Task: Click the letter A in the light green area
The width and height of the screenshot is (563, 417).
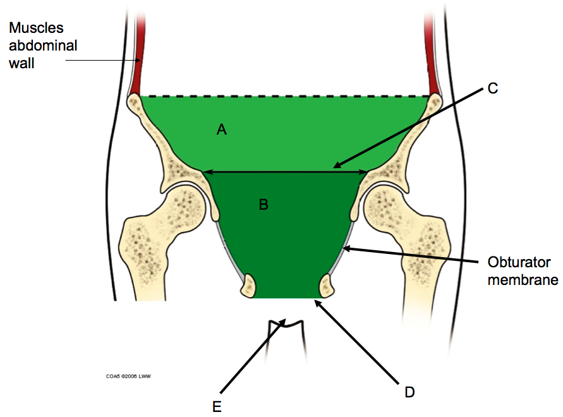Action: (221, 130)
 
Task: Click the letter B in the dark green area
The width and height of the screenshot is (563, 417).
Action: (263, 205)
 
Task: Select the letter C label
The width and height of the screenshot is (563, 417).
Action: (493, 88)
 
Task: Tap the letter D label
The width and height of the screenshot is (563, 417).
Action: (409, 392)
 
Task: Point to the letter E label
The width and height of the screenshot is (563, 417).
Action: (217, 407)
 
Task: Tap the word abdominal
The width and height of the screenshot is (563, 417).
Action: (43, 45)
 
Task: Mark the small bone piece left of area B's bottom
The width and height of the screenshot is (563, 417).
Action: (248, 286)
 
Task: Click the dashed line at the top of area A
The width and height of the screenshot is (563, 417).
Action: (284, 96)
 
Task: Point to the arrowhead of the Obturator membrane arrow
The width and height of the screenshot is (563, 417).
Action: (345, 248)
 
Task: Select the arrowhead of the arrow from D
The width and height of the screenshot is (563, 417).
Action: (316, 301)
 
